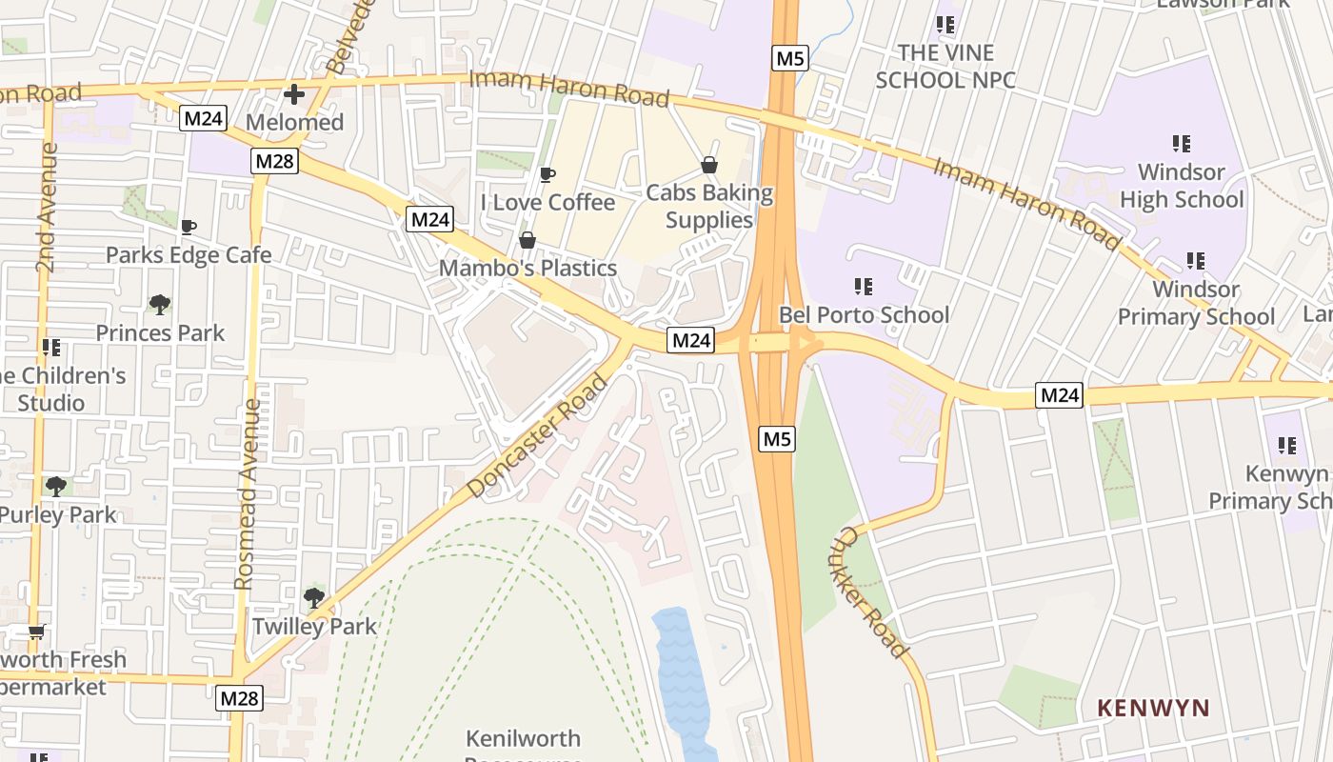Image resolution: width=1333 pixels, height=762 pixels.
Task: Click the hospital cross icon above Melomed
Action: coord(294,94)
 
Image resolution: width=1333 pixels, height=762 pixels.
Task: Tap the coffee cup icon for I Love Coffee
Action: coord(547,174)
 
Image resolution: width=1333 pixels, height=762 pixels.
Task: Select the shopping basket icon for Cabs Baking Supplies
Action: coord(709,165)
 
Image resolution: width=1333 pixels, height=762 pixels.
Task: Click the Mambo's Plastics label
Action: coord(527,268)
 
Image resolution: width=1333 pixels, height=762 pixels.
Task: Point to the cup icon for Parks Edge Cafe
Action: coord(189,227)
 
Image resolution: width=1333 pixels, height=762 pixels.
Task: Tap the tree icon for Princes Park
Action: coord(160,305)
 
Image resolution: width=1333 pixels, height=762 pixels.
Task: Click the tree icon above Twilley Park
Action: coord(314,598)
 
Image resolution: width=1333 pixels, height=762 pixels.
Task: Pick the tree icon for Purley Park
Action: coord(56,487)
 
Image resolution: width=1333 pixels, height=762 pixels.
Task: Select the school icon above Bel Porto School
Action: coord(864,286)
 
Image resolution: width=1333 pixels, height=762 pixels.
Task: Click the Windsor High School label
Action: coord(1182,186)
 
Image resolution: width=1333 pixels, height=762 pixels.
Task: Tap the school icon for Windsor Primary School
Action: coord(1196,260)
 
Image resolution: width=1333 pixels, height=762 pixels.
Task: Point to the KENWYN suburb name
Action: coord(1153,708)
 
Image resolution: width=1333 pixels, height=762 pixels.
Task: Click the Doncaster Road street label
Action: coord(538,436)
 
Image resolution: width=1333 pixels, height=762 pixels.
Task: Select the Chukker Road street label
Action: coord(873,592)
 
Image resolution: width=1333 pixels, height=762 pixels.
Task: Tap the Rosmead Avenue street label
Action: coord(247,493)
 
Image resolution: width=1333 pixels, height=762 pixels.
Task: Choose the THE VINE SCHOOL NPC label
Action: coord(945,66)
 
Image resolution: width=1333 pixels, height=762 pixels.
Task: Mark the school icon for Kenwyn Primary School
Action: coord(1287,445)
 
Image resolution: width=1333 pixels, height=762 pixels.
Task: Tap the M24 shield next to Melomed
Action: coord(203,118)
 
